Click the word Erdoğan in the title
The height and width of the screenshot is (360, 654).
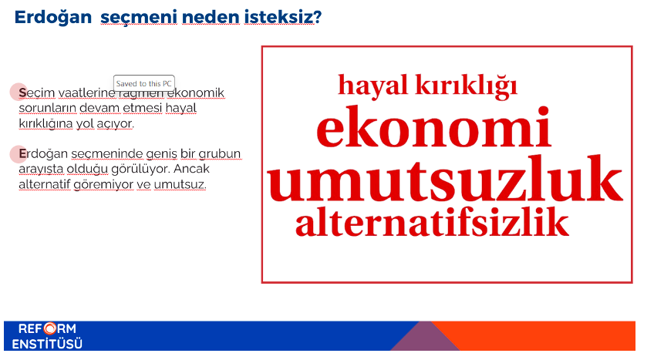(x=53, y=18)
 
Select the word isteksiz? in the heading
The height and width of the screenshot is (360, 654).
(x=283, y=17)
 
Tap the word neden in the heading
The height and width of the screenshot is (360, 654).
(x=211, y=17)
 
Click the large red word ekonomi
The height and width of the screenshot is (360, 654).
(x=433, y=126)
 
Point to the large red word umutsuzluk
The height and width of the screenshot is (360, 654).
(x=445, y=178)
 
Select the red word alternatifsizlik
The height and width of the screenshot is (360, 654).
(x=432, y=221)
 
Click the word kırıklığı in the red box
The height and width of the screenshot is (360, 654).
(x=467, y=86)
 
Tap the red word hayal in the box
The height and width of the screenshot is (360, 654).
(x=373, y=86)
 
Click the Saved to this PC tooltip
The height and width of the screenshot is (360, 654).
(x=144, y=83)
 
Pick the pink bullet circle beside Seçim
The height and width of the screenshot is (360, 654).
(x=19, y=92)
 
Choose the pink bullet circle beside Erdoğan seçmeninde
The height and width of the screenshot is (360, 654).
(x=19, y=153)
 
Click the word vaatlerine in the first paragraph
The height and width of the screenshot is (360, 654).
(x=86, y=93)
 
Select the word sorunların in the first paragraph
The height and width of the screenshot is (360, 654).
(x=48, y=108)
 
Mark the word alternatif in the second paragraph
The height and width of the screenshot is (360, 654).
(x=45, y=184)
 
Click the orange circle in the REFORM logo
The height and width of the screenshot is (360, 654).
(x=49, y=328)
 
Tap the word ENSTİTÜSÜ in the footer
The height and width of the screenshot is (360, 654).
(x=47, y=344)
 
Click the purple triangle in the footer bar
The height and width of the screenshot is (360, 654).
(x=425, y=338)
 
